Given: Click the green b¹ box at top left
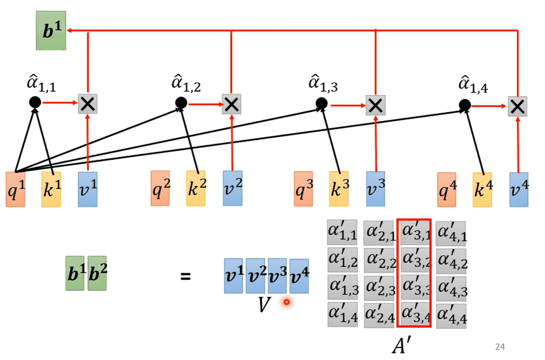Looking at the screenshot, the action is (x=51, y=30).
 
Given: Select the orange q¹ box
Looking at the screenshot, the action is (x=15, y=189).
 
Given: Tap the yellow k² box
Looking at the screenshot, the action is (x=196, y=188).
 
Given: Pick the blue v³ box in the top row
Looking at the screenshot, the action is (x=375, y=189).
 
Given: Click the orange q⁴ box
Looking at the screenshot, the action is (x=447, y=190).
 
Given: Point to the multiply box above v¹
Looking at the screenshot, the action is (x=88, y=104).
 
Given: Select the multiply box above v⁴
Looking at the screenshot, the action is (x=518, y=106).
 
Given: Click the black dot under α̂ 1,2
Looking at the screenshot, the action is (x=181, y=103).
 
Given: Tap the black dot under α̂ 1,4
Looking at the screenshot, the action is (x=465, y=105).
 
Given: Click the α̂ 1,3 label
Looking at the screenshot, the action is (x=323, y=83).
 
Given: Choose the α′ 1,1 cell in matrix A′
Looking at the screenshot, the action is (x=342, y=232).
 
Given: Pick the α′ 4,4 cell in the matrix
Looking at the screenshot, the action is (x=451, y=316).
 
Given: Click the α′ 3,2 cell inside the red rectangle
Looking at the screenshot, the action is (x=415, y=260).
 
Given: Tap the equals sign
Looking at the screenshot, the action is (x=185, y=276).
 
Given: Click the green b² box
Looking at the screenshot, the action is (x=97, y=273).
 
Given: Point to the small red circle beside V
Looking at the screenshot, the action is (x=287, y=302).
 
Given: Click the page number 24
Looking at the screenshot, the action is (x=500, y=347).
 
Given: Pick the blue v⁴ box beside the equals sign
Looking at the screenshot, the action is (x=299, y=276).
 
